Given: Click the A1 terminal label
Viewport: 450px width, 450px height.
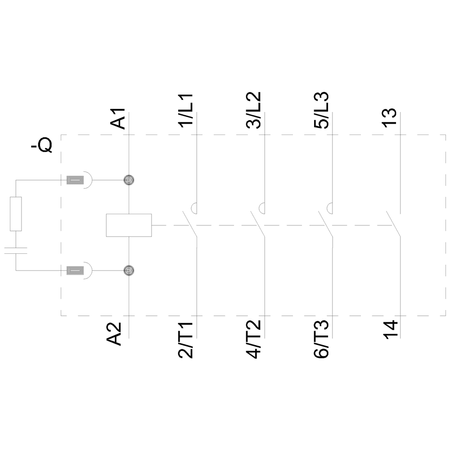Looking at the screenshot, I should coord(118,117).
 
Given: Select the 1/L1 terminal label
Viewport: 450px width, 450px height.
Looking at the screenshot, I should coord(186,111).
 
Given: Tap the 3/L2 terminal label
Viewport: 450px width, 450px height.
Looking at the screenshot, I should coord(253,111).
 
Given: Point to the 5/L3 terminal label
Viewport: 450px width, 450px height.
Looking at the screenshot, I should coord(321,111).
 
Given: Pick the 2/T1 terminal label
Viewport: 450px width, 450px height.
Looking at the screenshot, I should coord(186,340).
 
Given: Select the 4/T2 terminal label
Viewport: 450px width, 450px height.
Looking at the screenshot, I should coord(253,340).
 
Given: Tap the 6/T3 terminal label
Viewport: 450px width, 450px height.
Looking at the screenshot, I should coord(321,340).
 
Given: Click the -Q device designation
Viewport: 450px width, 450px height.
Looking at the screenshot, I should coord(42,145).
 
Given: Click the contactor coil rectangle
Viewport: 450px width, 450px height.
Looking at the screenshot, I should coord(129,225).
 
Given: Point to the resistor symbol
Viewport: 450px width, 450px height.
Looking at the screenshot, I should coord(16,214).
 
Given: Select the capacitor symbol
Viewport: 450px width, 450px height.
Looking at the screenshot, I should coord(16,251).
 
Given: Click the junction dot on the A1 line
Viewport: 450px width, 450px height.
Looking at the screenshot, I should coord(129,180).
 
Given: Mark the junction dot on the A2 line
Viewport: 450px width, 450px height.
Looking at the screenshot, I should coord(129,270).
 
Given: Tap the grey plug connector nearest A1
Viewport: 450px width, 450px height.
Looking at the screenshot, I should coord(75,180).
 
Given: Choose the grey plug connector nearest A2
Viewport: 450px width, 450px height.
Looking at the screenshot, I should coord(75,270).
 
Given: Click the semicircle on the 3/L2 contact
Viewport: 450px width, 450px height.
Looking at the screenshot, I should coord(261,208).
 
